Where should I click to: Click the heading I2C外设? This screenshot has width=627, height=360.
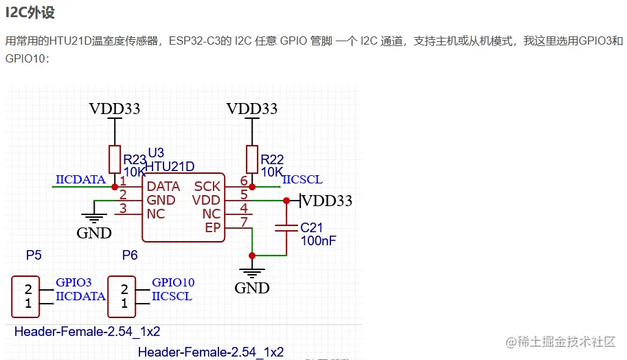(30, 12)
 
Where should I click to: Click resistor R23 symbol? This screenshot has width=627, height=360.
(115, 160)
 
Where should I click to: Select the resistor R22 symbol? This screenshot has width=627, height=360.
(252, 160)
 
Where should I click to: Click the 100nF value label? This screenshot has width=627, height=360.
(318, 240)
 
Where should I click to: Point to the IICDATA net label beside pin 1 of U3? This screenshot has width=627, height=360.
(80, 180)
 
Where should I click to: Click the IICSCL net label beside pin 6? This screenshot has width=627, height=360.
(302, 180)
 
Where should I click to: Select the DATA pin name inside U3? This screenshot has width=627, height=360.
(163, 187)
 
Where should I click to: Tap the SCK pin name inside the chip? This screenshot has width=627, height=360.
(207, 187)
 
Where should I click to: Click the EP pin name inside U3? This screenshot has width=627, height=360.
(213, 228)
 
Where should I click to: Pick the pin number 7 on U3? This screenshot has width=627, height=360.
(244, 221)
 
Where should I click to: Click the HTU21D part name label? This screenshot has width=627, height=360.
(170, 166)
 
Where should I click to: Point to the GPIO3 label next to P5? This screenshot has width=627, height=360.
(73, 282)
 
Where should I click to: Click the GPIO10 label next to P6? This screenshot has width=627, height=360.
(173, 282)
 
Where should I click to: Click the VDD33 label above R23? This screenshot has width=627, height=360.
(115, 109)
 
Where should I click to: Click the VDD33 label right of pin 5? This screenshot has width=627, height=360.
(327, 201)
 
